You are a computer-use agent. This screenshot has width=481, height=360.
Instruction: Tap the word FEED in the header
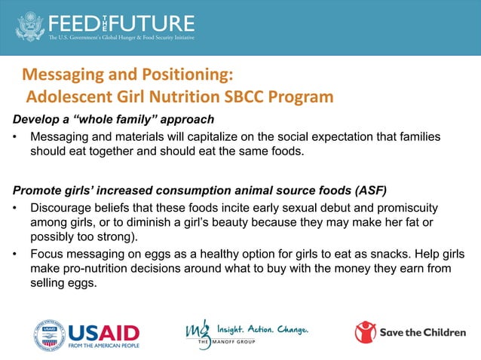(x=76, y=22)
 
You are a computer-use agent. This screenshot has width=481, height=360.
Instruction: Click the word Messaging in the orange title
(x=63, y=75)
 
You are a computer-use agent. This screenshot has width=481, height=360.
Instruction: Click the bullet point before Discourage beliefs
(x=16, y=206)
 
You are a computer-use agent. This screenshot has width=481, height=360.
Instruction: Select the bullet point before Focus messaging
(x=16, y=255)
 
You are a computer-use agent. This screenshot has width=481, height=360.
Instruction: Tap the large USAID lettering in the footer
(x=103, y=330)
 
